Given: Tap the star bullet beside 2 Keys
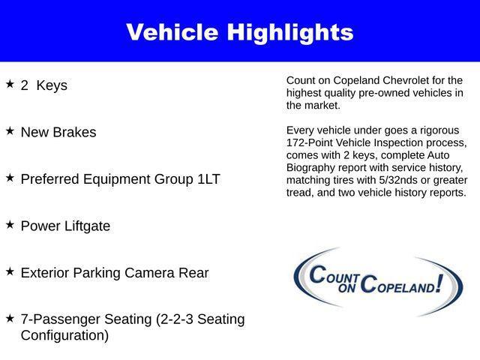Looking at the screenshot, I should coord(10,84).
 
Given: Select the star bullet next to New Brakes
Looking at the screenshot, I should coord(10,130).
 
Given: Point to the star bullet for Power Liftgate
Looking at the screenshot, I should coord(10,224).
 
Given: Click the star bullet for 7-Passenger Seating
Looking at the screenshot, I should coord(10,318).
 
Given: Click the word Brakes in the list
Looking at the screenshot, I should coord(75,132).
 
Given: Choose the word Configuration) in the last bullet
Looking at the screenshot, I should coord(64,335).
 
